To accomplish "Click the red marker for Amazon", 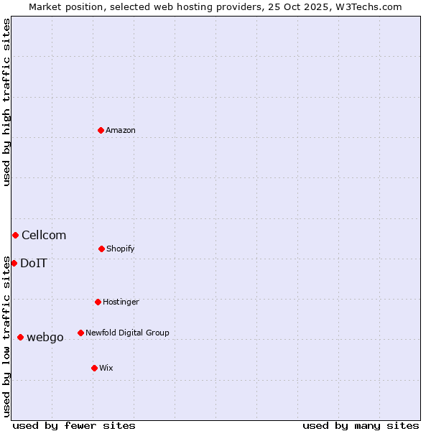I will (x=101, y=130).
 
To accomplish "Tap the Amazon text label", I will (x=121, y=131).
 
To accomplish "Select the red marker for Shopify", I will (x=101, y=249).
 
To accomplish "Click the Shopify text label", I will (x=121, y=249).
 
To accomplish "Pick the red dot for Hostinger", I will (x=98, y=302).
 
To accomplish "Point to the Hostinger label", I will (x=121, y=302).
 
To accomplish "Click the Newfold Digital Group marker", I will (x=80, y=333).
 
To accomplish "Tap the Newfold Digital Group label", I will (x=127, y=333).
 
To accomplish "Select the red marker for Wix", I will (x=94, y=368).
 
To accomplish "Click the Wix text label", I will (x=106, y=369).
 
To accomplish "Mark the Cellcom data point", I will (x=15, y=235).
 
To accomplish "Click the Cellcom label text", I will (x=44, y=236).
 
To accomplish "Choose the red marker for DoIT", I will (x=14, y=263).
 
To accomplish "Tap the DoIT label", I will (x=34, y=264).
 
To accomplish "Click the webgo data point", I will (x=20, y=337).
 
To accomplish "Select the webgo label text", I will (x=45, y=338).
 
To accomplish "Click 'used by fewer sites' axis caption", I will (x=74, y=425).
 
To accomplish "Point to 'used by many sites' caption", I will (x=361, y=425).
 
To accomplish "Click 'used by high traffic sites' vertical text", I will (x=6, y=102).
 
